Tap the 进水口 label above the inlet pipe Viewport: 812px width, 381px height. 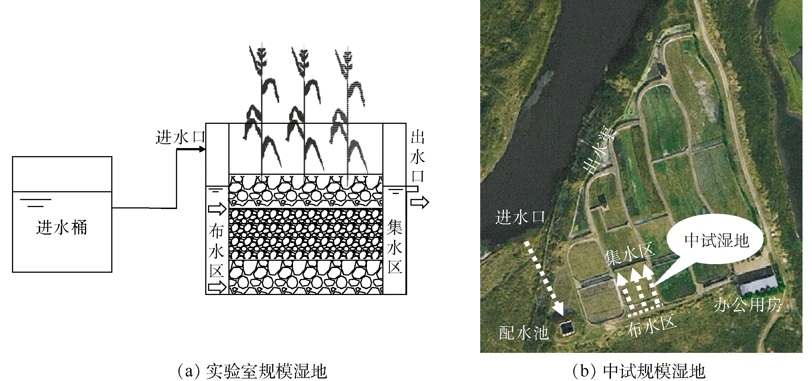point(180,137)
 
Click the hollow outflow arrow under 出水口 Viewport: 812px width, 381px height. point(420,202)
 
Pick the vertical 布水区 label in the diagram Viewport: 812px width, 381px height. point(217,251)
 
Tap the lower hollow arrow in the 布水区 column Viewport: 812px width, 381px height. point(217,287)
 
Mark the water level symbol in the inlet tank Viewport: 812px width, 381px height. point(36,203)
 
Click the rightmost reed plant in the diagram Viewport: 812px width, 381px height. point(348,113)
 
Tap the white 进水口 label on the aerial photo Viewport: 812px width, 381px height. point(520,217)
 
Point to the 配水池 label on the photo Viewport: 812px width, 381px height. point(524,333)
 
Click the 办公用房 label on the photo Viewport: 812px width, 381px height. point(748,304)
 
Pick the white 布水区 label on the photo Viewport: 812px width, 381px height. point(651,326)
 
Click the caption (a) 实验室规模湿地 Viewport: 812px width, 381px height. point(252,371)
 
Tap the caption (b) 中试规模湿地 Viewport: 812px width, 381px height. point(639,371)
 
